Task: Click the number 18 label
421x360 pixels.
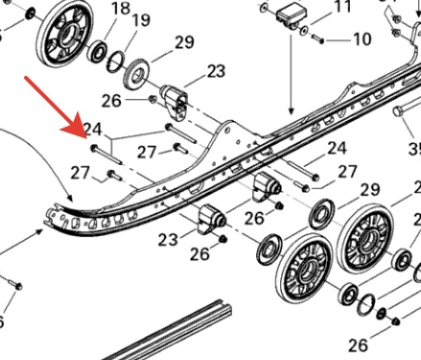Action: (121, 9)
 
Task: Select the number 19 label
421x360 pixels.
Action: (141, 20)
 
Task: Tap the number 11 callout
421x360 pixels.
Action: (342, 7)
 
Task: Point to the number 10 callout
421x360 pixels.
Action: (363, 39)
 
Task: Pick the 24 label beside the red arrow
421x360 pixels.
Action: (93, 129)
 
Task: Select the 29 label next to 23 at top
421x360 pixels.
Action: (184, 42)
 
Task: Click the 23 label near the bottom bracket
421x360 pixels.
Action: (168, 239)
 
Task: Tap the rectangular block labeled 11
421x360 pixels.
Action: (292, 15)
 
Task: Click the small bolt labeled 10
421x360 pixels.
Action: (317, 39)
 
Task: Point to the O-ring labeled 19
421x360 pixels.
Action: (116, 61)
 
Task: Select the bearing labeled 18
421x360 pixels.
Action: (97, 52)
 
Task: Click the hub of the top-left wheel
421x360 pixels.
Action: (68, 33)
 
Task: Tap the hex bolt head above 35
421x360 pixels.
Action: (398, 111)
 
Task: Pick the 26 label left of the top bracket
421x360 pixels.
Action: (111, 101)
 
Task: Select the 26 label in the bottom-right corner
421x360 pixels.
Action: (358, 345)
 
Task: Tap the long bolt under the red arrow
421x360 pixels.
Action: (106, 156)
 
